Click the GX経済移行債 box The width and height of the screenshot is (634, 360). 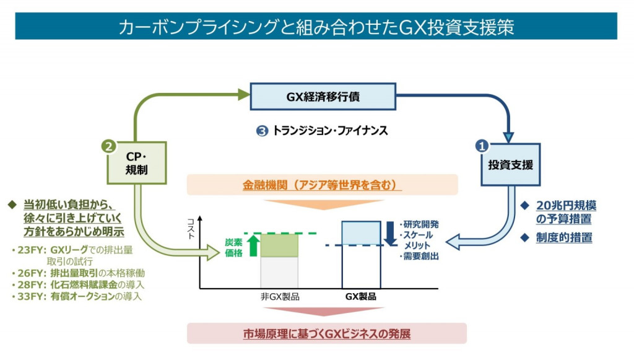[x=323, y=96]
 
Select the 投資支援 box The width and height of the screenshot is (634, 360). [x=510, y=165]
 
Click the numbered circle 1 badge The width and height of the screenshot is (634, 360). [x=482, y=146]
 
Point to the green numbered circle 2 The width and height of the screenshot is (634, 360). [x=108, y=146]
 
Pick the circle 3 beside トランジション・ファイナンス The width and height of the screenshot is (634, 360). [x=262, y=131]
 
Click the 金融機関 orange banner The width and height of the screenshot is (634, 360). [x=322, y=185]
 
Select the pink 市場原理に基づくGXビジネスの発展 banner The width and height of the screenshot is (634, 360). [x=326, y=333]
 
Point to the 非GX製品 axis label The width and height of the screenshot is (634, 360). [x=279, y=297]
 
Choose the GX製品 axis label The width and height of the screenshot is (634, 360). [x=360, y=297]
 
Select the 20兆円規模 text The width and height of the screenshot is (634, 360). [x=566, y=206]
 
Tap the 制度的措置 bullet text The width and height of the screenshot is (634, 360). [x=563, y=237]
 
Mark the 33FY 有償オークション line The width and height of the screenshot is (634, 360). [x=76, y=296]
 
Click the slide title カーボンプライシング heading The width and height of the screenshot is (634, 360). [x=316, y=27]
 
